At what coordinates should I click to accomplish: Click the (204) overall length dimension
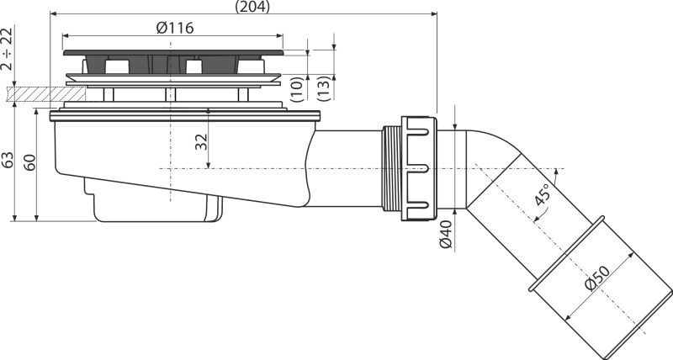[x=252, y=7]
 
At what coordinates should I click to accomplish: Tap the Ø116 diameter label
[x=175, y=28]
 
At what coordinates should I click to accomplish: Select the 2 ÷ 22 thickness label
[x=7, y=49]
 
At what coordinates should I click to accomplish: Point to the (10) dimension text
[x=298, y=89]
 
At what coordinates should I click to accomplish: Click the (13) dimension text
[x=325, y=89]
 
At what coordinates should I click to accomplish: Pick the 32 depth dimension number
[x=201, y=142]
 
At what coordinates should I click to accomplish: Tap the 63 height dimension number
[x=8, y=160]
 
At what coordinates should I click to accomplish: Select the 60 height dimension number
[x=29, y=162]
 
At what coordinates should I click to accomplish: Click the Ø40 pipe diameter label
[x=447, y=235]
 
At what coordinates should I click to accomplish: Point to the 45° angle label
[x=543, y=194]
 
